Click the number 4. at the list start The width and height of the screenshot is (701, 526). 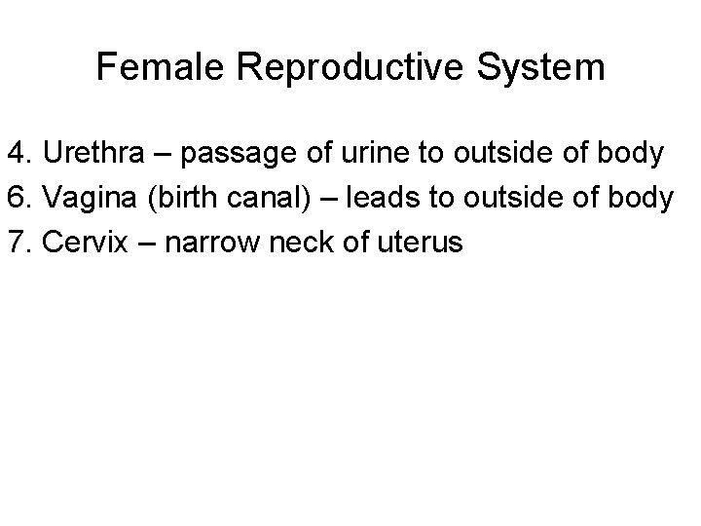tap(20, 154)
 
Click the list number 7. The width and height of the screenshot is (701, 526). tap(20, 242)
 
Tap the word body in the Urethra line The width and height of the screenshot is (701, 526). tap(635, 154)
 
